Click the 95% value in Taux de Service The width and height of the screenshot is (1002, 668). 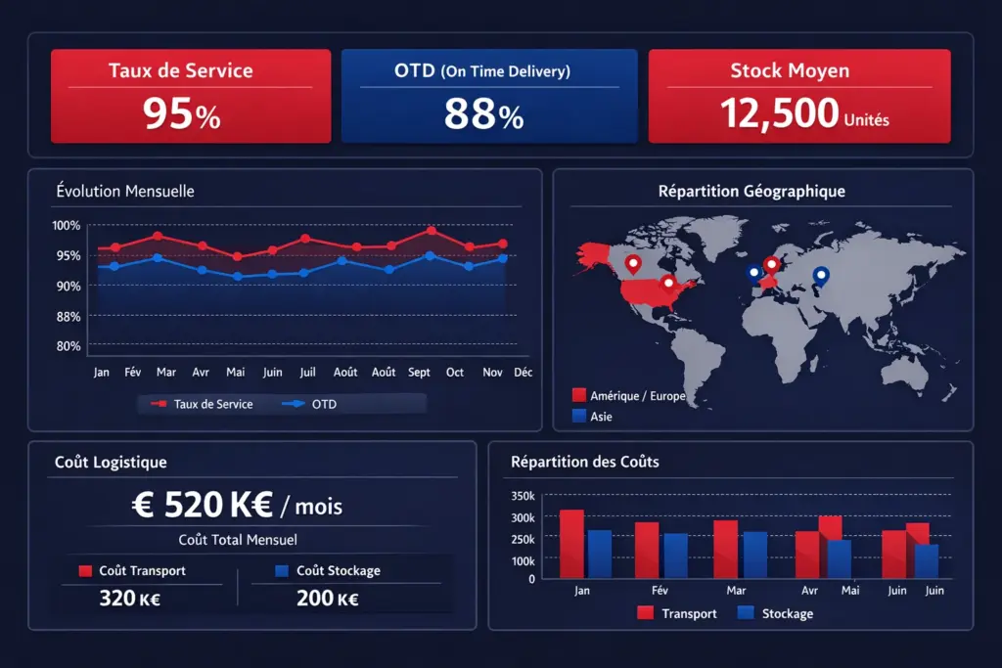181,114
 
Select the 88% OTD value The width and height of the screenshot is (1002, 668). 484,114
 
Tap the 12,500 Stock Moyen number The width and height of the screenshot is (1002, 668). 780,114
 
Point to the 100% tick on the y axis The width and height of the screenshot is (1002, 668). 67,226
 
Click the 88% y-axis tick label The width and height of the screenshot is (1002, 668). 68,316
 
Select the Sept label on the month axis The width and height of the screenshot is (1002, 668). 419,373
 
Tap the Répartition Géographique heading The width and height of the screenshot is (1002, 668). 751,192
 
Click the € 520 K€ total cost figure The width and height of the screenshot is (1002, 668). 237,506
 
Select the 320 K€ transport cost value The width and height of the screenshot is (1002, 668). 129,599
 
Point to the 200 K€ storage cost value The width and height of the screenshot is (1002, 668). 327,599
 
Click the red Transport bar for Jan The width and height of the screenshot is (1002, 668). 571,544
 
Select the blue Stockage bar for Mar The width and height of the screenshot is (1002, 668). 755,555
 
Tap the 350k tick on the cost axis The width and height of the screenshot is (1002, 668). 524,496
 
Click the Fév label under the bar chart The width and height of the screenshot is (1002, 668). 660,591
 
